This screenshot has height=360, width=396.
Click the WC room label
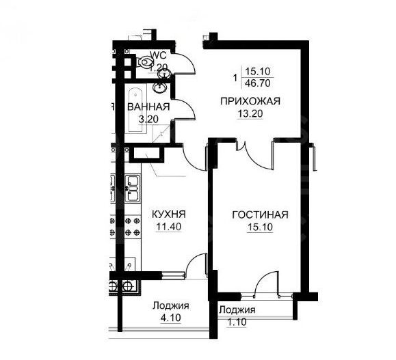click(x=159, y=55)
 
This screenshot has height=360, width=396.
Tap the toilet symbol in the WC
click(x=146, y=63)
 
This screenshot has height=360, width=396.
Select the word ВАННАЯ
click(x=148, y=107)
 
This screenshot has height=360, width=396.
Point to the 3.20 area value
click(x=149, y=119)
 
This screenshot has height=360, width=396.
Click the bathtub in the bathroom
click(x=133, y=109)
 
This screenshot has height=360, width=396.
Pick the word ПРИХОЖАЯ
click(x=250, y=102)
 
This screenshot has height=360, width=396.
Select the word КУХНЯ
click(x=168, y=214)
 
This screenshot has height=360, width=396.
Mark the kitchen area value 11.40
click(x=168, y=227)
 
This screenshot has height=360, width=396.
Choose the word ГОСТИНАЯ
click(x=259, y=214)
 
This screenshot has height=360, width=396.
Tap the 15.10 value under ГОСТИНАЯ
click(x=259, y=227)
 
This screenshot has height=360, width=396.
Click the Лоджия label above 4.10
click(x=170, y=305)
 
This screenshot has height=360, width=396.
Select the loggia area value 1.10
click(x=237, y=321)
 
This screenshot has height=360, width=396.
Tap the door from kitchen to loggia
click(x=198, y=264)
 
